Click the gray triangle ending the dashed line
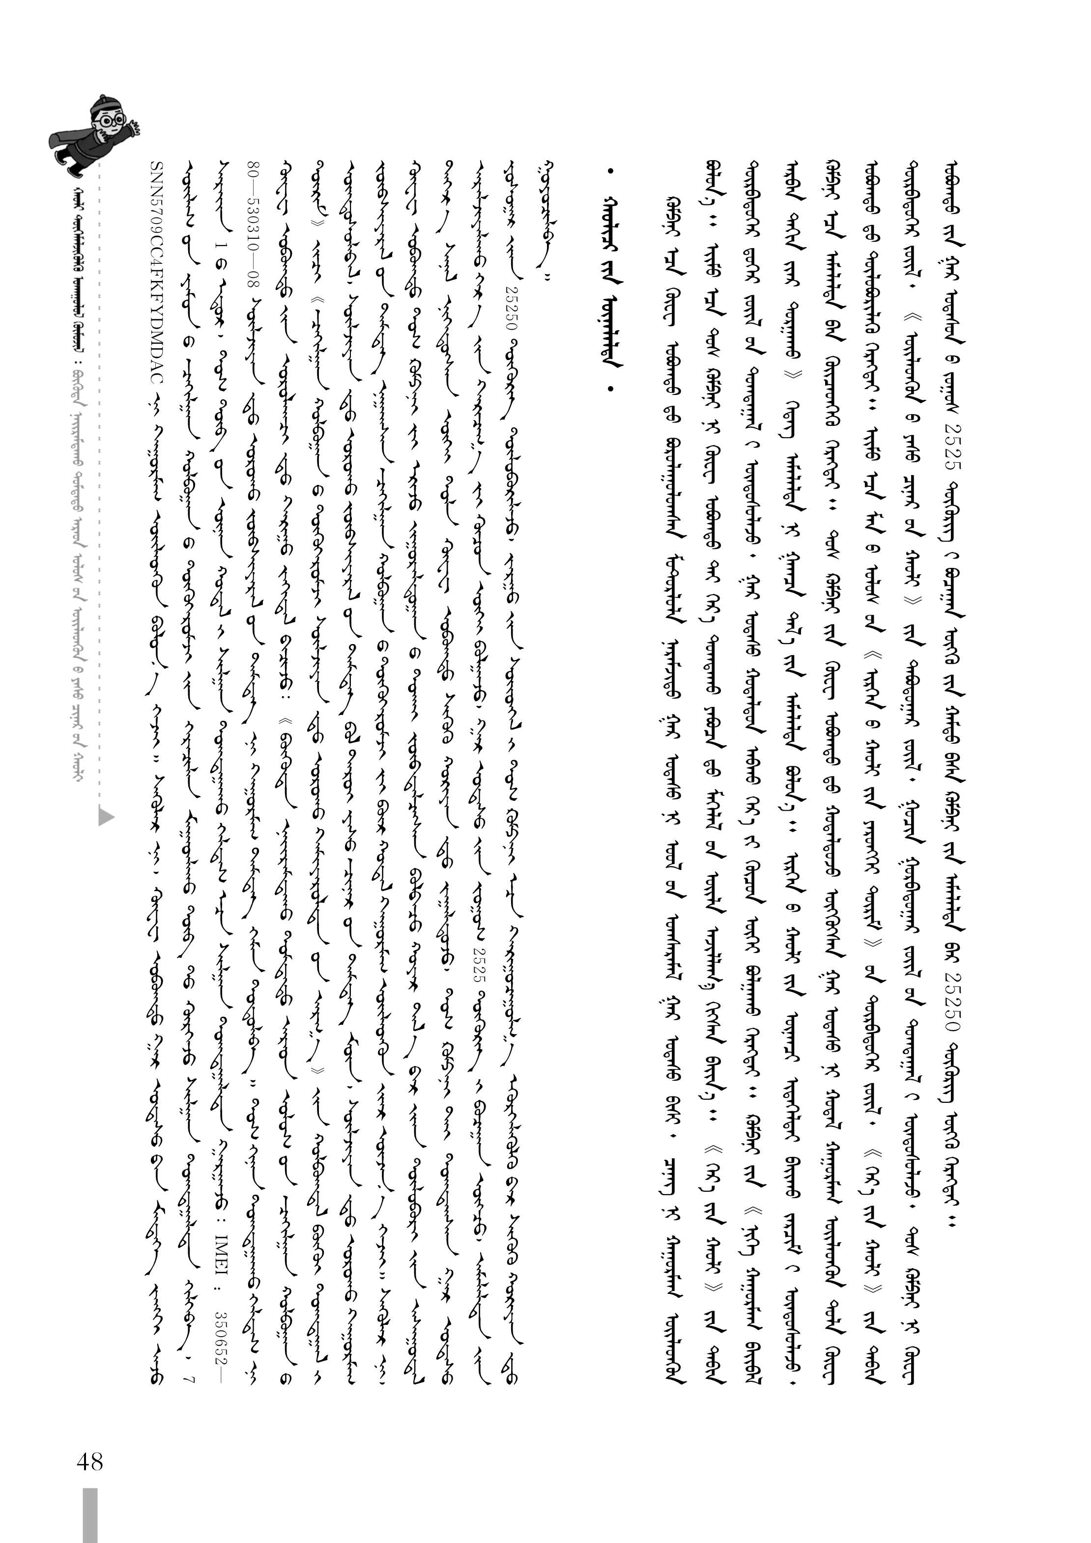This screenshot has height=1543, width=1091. point(106,816)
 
